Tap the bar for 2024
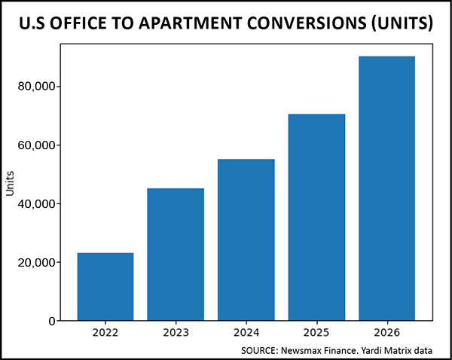point(246,239)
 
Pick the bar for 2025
point(316,217)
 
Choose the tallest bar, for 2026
point(386,188)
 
